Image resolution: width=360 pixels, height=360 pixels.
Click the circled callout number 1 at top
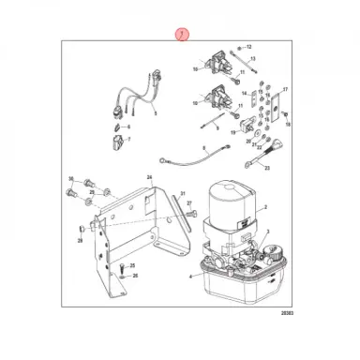tap(181, 33)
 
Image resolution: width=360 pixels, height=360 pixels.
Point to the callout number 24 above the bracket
tap(148, 176)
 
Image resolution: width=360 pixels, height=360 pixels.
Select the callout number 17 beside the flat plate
tap(286, 88)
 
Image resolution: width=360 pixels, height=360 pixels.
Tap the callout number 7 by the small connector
tap(128, 140)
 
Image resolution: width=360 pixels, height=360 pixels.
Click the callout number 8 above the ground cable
tap(202, 149)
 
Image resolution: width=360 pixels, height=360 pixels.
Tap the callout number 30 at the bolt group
tap(70, 178)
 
